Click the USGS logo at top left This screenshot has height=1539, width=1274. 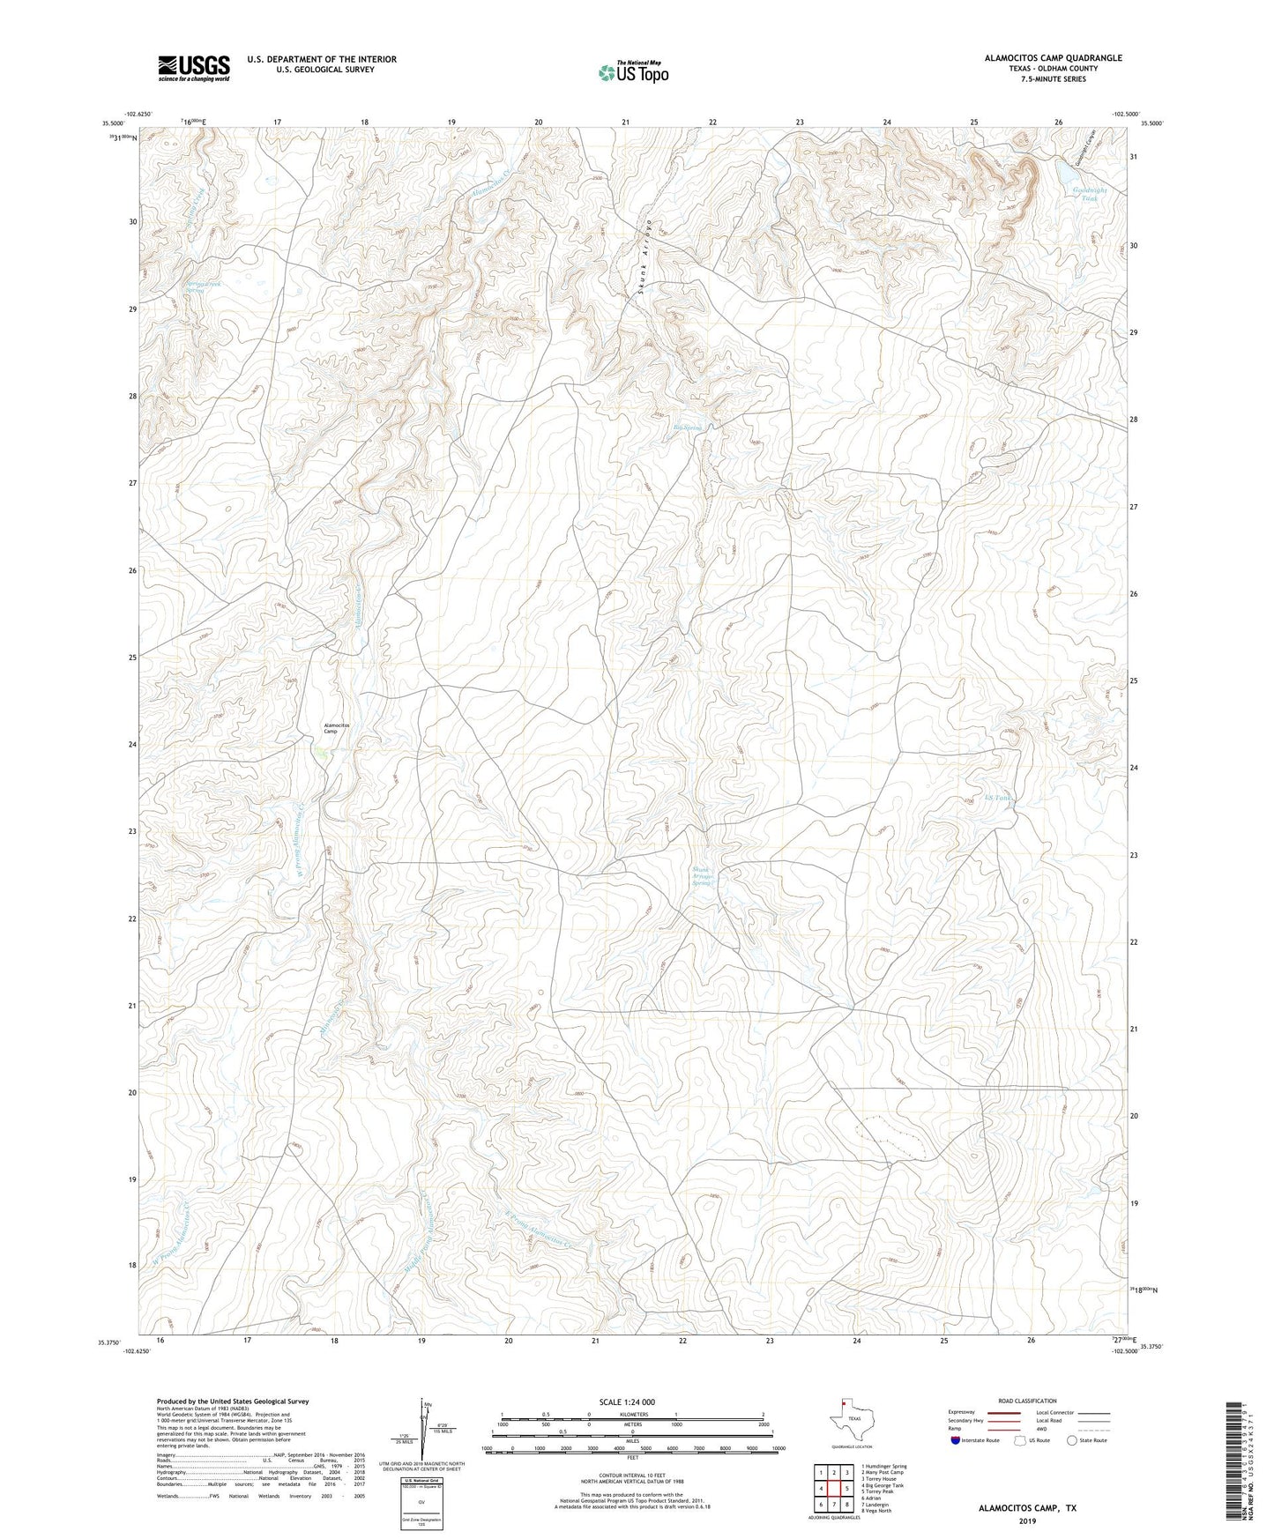coord(194,68)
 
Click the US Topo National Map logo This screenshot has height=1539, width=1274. coord(633,71)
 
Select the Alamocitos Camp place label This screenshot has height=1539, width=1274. coord(336,728)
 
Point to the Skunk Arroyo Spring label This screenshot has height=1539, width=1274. coord(702,876)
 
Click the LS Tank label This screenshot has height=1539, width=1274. coord(995,798)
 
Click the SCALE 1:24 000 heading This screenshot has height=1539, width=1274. coord(627,1402)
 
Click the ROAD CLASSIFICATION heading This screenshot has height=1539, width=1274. coord(1027,1401)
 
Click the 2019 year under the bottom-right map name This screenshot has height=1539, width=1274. coord(1026,1521)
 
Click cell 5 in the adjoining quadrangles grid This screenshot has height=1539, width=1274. coord(846,1489)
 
